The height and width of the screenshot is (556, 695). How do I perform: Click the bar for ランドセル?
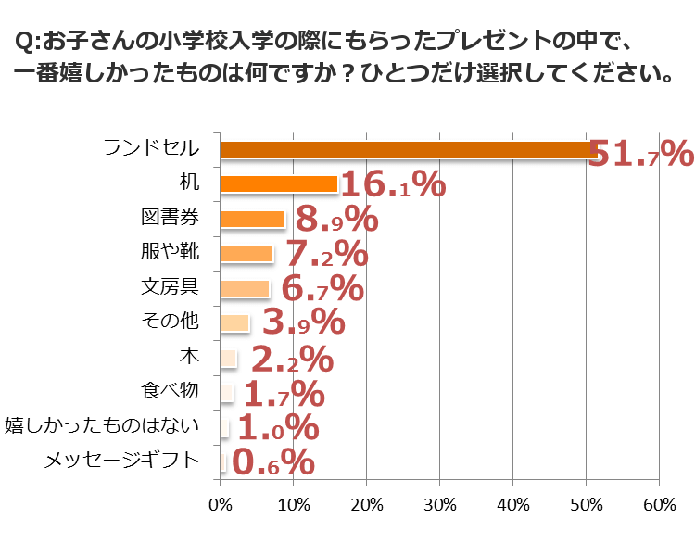tap(408, 149)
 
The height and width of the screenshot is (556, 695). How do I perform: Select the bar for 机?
tap(279, 183)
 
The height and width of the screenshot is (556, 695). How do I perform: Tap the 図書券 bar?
tap(253, 219)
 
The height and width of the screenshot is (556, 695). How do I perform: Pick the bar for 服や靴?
tap(246, 253)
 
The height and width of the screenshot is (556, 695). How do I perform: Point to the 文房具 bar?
tap(245, 288)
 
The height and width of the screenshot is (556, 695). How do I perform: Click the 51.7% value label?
tap(640, 153)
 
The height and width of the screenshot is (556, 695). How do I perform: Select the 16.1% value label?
tap(393, 185)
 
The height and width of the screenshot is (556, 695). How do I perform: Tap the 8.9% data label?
tap(335, 221)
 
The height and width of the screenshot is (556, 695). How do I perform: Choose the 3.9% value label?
tap(304, 322)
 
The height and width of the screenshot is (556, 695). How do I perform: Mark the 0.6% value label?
tap(272, 461)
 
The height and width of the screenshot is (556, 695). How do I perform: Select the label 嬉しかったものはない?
tap(102, 425)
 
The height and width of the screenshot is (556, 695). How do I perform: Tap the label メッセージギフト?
tap(121, 460)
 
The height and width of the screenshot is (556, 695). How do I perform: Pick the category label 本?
tap(188, 356)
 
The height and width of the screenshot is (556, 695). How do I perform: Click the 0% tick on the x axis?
tap(220, 505)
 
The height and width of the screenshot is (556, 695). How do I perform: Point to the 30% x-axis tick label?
tap(439, 505)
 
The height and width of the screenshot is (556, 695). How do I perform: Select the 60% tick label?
tap(659, 505)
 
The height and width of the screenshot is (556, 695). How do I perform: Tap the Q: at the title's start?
tap(28, 43)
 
